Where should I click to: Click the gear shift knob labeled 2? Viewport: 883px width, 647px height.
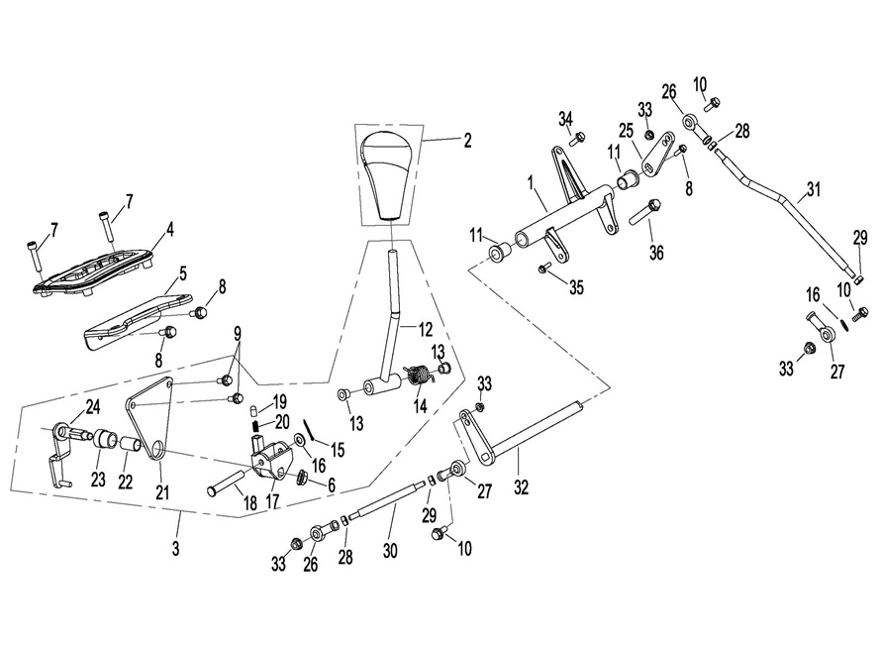(389, 172)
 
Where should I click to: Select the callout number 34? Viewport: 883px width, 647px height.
(564, 119)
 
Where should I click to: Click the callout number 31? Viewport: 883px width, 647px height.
(814, 188)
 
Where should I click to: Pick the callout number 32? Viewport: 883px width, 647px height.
(522, 486)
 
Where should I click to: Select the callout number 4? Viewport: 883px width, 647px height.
(170, 230)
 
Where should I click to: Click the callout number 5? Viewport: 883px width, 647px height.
(183, 270)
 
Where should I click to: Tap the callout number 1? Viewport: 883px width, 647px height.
(531, 183)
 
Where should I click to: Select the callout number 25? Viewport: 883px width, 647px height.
(626, 130)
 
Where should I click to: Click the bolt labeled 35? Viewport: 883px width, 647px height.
(544, 269)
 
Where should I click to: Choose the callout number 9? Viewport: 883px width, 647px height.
(237, 334)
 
